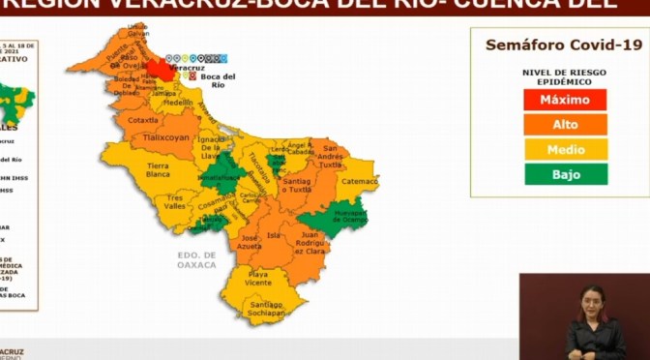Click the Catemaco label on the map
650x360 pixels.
pos(359,180)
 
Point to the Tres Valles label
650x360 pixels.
pos(175,201)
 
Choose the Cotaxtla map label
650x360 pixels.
pos(142,119)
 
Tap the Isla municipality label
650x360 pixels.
pos(274,234)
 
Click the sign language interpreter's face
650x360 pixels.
pos(592,296)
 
